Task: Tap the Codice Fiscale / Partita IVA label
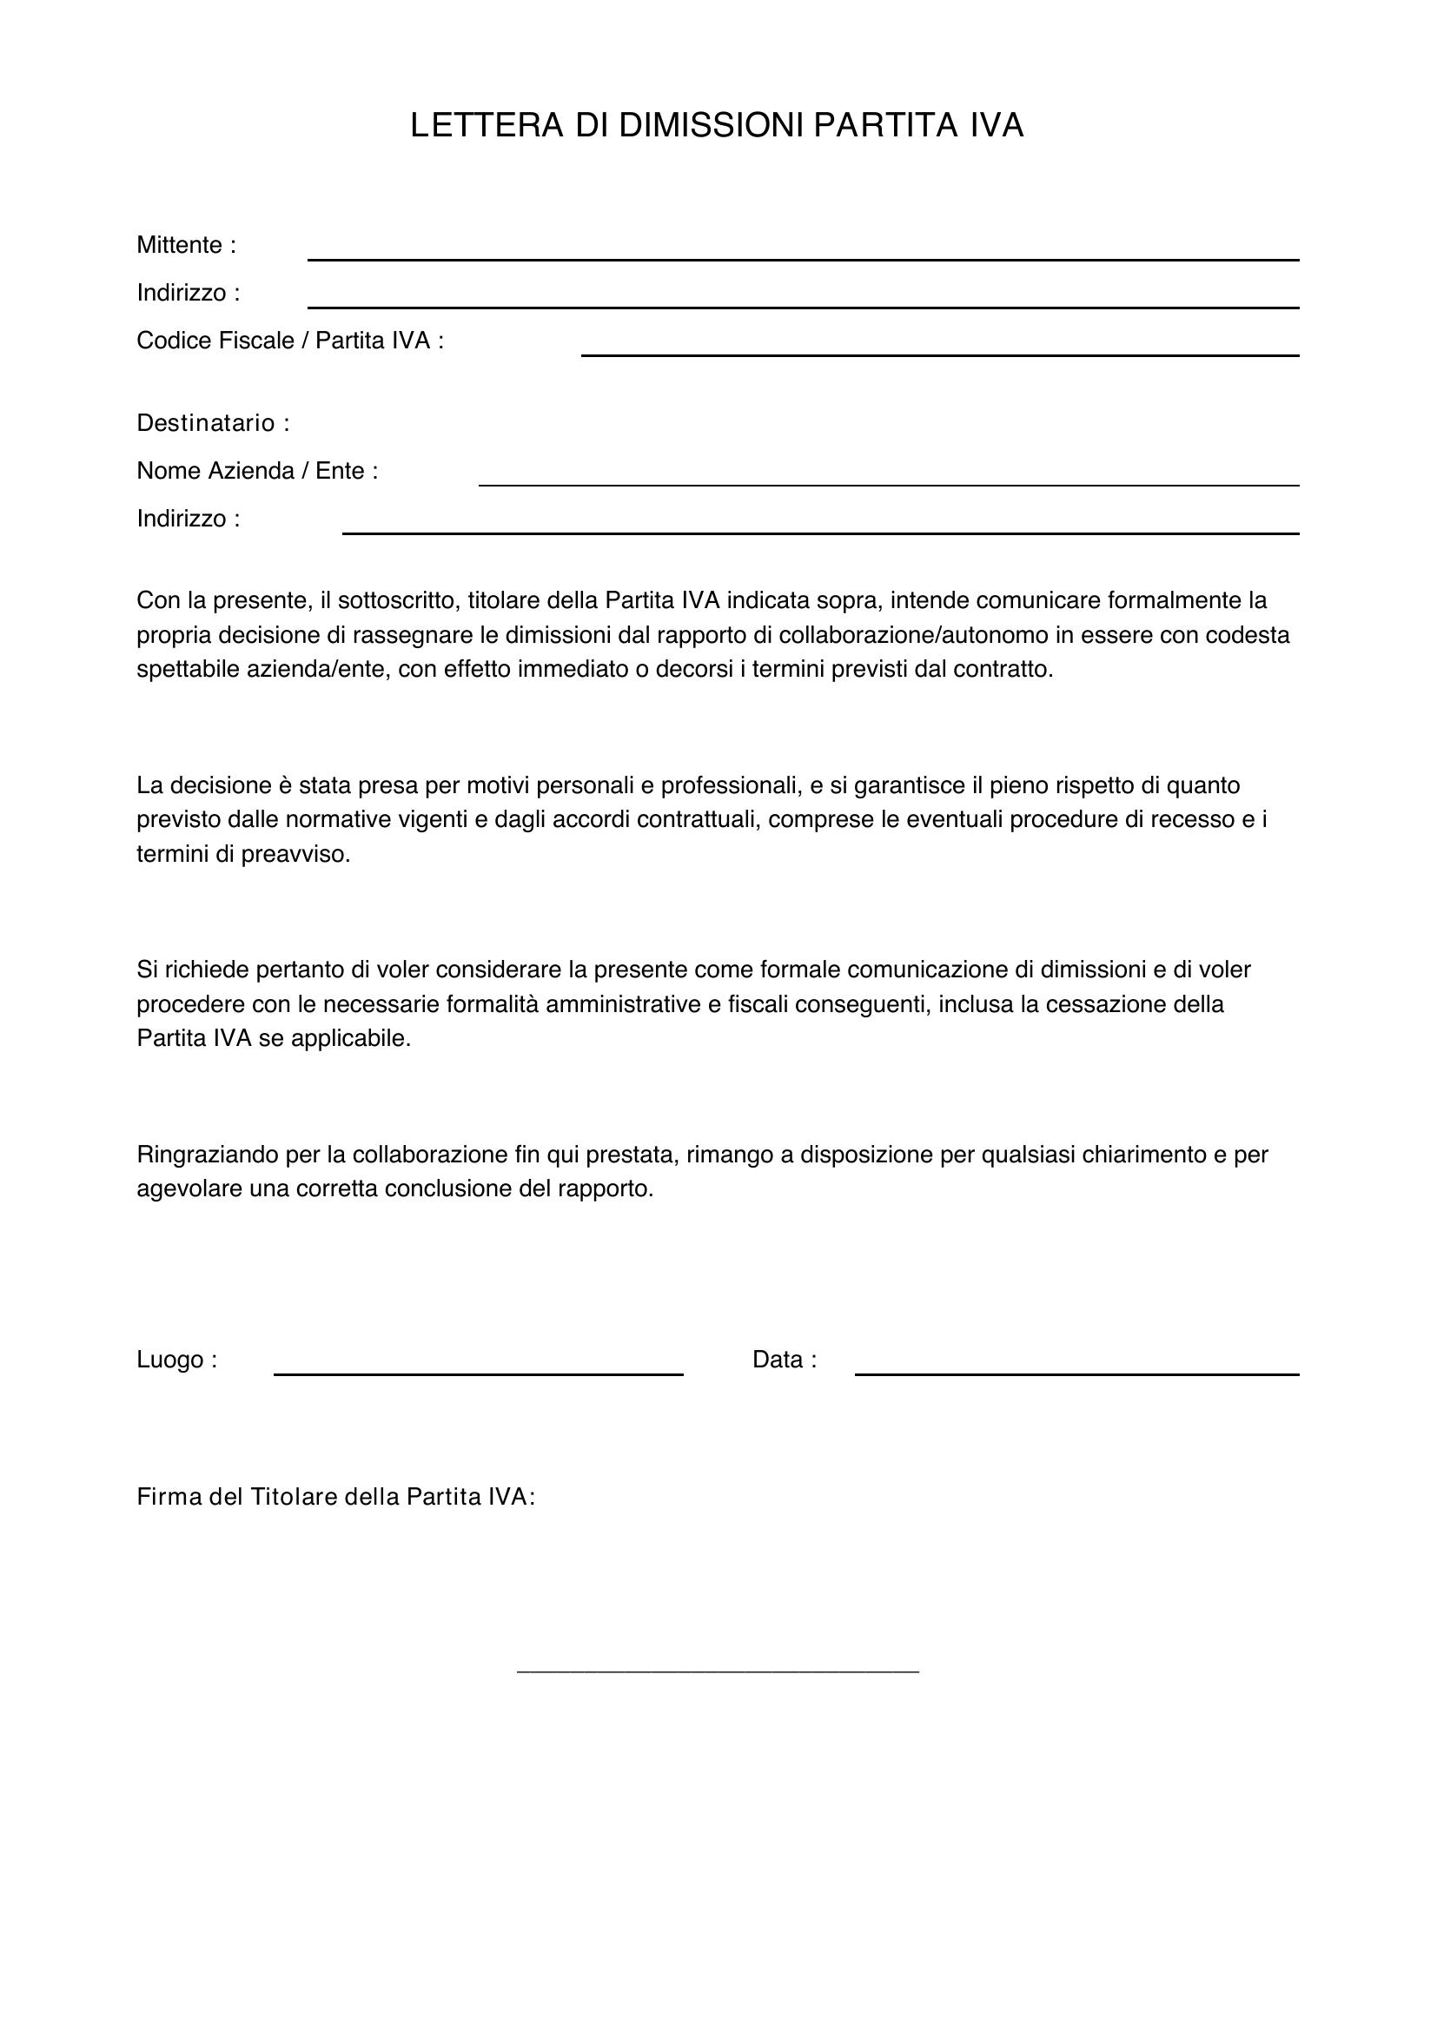coord(289,341)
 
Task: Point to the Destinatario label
coord(212,423)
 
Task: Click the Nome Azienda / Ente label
coord(256,471)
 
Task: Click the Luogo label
coord(176,1360)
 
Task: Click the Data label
coord(783,1360)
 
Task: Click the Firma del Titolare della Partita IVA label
coord(335,1497)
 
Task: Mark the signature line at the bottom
coord(718,1670)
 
